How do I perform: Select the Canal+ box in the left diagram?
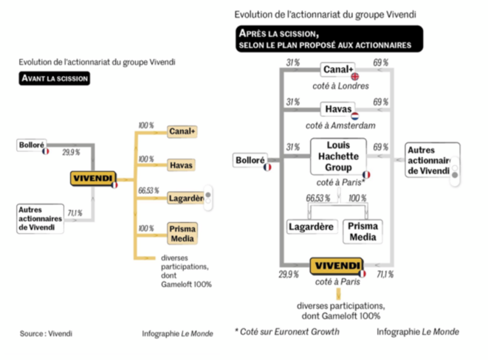(182, 131)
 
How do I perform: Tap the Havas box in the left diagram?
(181, 165)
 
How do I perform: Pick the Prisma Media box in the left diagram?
(182, 233)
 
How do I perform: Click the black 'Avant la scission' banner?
(55, 78)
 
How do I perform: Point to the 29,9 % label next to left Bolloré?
(71, 152)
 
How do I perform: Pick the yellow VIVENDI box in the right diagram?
(337, 266)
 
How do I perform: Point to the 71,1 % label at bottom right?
(385, 274)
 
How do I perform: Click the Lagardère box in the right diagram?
(311, 227)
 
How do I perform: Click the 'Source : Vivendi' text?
(46, 333)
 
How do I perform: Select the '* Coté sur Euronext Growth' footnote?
(286, 332)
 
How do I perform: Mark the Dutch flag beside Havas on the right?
(354, 116)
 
